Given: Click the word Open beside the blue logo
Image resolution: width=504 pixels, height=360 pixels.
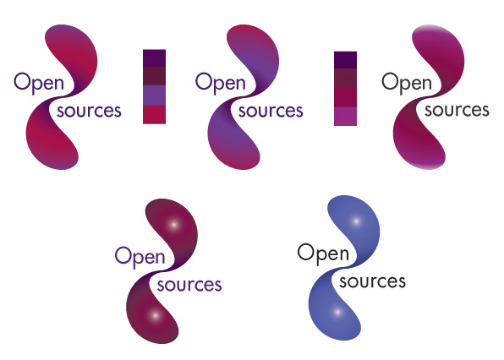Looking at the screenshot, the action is (323, 254).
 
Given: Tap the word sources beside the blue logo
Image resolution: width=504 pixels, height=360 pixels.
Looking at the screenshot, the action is (372, 281).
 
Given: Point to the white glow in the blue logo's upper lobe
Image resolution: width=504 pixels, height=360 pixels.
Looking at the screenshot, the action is (356, 221).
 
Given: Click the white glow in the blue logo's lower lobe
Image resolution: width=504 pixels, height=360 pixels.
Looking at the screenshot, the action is (337, 312).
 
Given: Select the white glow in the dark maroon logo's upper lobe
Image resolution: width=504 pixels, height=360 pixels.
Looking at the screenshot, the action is (174, 225).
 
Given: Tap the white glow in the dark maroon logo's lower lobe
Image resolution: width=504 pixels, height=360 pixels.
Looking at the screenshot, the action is (156, 315).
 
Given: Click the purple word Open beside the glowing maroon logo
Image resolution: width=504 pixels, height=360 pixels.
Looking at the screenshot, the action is (140, 257).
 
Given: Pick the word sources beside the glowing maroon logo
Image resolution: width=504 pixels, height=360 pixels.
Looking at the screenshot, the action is (189, 285).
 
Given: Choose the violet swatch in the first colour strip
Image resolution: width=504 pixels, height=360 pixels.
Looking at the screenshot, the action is (154, 95).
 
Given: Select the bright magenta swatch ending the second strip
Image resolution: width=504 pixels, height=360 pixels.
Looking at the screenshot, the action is (346, 117).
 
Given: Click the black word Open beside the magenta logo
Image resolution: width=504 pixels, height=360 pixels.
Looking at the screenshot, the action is (407, 83).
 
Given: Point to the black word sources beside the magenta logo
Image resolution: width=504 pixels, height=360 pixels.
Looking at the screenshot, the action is (457, 111).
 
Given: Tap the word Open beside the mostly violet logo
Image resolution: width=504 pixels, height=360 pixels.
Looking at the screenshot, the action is (221, 83).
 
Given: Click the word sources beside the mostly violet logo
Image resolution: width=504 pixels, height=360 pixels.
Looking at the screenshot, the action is (271, 111).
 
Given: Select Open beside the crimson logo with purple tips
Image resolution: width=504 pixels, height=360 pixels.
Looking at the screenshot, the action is (39, 83).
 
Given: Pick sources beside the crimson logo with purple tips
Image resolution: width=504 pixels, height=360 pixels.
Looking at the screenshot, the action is (89, 111).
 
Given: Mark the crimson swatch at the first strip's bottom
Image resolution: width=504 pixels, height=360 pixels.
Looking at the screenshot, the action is (154, 115).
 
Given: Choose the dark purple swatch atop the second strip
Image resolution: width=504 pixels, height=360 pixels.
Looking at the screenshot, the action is (346, 60).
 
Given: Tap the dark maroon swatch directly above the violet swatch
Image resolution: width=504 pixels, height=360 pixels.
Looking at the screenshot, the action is (154, 76).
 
